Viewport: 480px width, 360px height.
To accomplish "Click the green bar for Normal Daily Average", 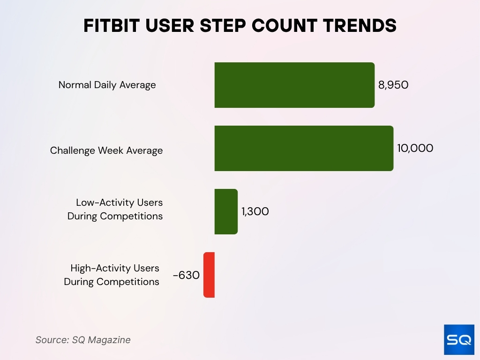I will pos(294,85).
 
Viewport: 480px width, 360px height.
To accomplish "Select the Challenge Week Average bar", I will pos(304,148).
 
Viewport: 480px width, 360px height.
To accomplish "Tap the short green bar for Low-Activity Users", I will pos(226,211).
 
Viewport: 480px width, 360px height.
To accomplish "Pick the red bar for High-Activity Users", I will pos(209,275).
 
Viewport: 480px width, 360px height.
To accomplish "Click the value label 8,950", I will pos(394,85).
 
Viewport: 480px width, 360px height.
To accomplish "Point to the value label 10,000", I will pos(415,148).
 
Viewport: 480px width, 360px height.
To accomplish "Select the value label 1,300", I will pos(255,211).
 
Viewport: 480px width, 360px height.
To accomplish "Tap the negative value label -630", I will pos(186,275).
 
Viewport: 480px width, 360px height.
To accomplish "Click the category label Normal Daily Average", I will pos(107,85).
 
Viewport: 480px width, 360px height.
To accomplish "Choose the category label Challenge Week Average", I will pos(106,150).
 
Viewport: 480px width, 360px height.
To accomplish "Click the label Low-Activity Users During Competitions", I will pos(115,210).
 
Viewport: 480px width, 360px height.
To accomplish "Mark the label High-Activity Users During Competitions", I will pos(112,275).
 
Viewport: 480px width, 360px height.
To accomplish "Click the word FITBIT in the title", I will pos(111,26).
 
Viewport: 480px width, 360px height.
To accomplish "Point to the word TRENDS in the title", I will pos(360,26).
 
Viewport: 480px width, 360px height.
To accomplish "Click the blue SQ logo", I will pos(459,339).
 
